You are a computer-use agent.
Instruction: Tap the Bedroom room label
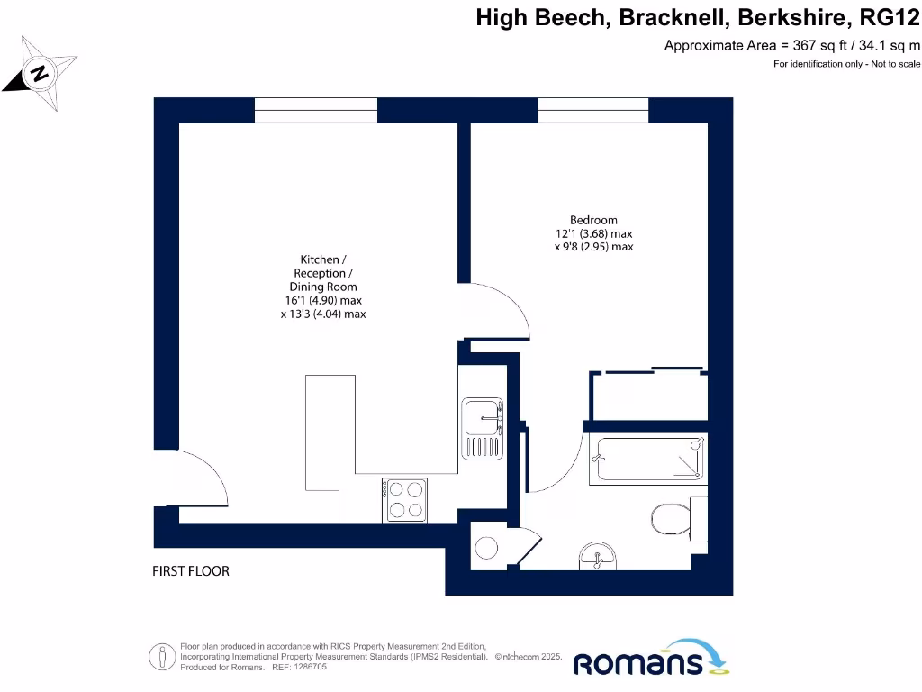pyautogui.click(x=593, y=220)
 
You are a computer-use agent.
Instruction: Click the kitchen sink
pyautogui.click(x=484, y=429)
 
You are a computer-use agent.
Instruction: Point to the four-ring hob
pyautogui.click(x=403, y=499)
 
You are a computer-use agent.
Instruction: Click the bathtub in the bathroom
pyautogui.click(x=647, y=459)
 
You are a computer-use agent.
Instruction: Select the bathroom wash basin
pyautogui.click(x=597, y=556)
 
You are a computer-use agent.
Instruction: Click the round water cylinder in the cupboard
pyautogui.click(x=487, y=548)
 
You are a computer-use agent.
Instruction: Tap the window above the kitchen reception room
pyautogui.click(x=315, y=110)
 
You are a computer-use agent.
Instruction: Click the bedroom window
pyautogui.click(x=593, y=110)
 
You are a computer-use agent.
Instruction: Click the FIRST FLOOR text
pyautogui.click(x=190, y=571)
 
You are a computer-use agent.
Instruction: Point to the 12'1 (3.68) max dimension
pyautogui.click(x=593, y=233)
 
